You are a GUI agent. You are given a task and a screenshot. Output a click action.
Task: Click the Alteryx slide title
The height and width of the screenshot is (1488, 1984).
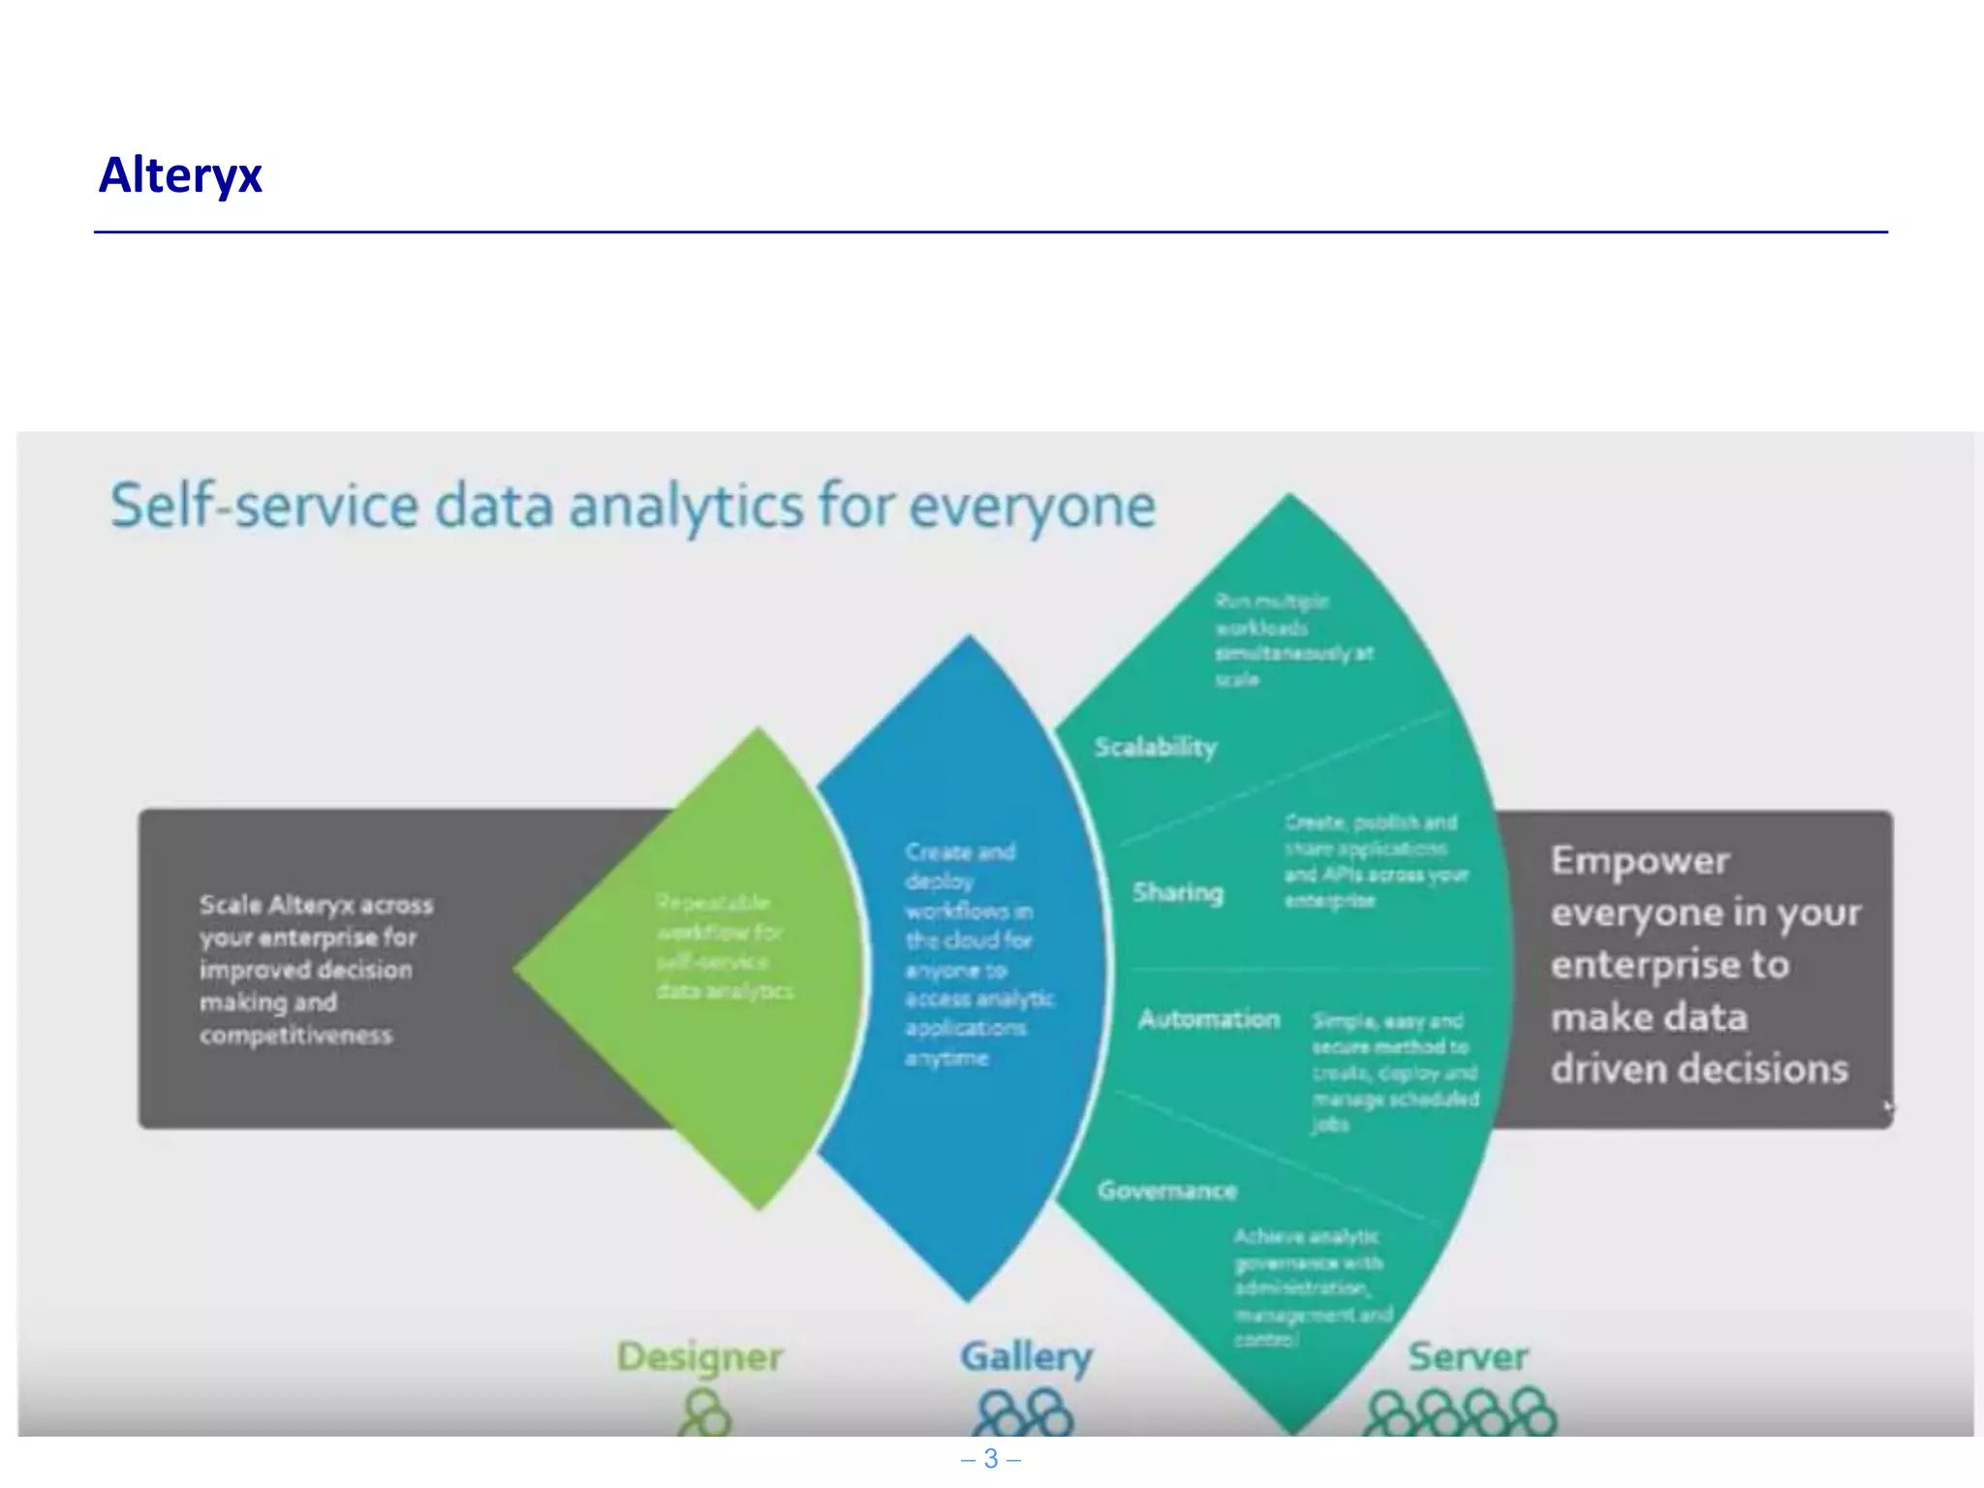[x=180, y=175]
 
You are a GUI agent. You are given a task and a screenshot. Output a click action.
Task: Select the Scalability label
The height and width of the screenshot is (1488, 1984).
[x=1155, y=747]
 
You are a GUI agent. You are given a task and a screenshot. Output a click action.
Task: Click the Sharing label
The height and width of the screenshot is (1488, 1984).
[x=1178, y=892]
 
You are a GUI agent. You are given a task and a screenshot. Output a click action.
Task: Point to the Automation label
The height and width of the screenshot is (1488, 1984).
[x=1208, y=1019]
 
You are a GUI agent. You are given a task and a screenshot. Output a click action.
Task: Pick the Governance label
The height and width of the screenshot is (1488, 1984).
[x=1166, y=1191]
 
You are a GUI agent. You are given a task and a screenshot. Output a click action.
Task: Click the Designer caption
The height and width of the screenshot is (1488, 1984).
[x=699, y=1357]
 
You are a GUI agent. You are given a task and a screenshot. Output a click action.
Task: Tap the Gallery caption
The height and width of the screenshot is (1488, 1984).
[x=1026, y=1356]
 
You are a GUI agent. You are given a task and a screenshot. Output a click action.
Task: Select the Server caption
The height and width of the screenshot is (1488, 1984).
[x=1468, y=1356]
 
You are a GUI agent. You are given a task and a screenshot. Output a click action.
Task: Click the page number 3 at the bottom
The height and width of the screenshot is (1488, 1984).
[x=990, y=1459]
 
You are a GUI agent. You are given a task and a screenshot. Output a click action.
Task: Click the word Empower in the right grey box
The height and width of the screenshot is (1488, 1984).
[x=1639, y=861]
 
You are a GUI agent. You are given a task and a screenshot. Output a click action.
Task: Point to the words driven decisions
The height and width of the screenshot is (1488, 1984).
[x=1699, y=1069]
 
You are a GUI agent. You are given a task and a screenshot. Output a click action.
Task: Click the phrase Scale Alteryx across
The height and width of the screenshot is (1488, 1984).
[x=316, y=905]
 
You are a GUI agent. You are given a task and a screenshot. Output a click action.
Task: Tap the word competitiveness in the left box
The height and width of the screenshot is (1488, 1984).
[x=295, y=1035]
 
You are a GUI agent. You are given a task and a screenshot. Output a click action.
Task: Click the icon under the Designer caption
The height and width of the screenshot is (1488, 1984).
[x=704, y=1413]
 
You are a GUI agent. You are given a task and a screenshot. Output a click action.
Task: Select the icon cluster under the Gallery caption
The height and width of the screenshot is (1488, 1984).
[x=1024, y=1414]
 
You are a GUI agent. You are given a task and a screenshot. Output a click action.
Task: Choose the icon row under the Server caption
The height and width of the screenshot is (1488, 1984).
[x=1459, y=1414]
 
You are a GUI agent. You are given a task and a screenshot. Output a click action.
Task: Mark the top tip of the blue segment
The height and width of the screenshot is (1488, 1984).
[x=969, y=637]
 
